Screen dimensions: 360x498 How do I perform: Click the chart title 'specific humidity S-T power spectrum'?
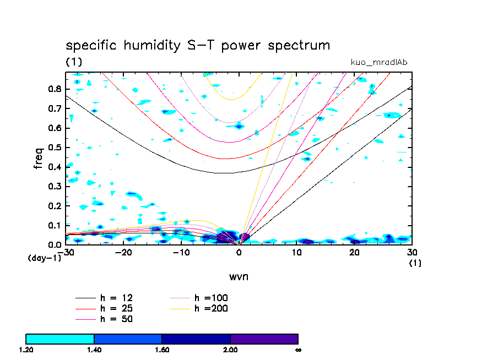tap(198, 45)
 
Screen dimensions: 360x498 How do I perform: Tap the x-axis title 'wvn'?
tap(239, 276)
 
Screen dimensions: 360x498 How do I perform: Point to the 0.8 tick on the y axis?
tap(55, 89)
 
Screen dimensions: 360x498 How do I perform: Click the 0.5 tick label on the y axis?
tap(55, 148)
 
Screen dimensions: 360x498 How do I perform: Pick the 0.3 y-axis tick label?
tap(55, 187)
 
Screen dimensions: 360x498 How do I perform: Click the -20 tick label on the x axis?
tap(123, 252)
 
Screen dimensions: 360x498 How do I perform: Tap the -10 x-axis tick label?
tap(181, 252)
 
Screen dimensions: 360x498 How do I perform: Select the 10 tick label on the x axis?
tap(296, 252)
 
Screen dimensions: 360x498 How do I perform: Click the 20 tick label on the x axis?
tap(354, 252)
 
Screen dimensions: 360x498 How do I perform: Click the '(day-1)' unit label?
tap(44, 258)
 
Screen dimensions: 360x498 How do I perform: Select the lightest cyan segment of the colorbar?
tap(60, 339)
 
